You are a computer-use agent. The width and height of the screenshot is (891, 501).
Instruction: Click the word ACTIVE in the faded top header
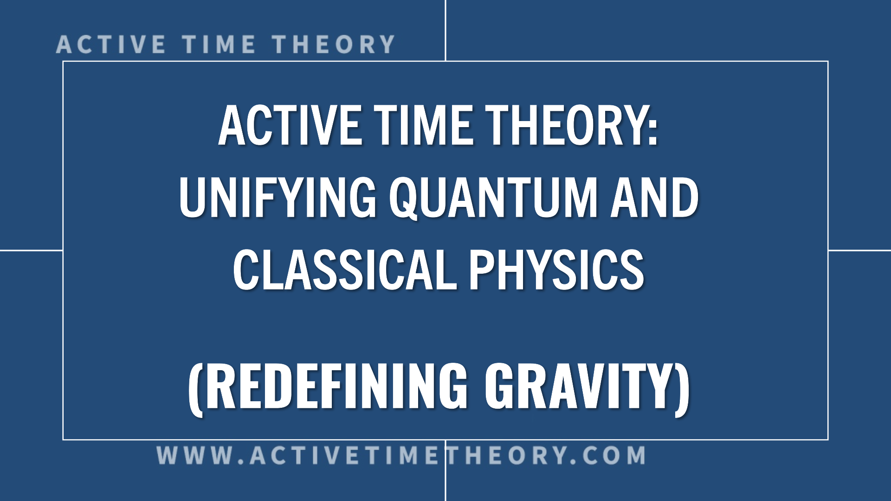tap(111, 45)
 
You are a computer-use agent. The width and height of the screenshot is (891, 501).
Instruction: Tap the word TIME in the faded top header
tap(219, 45)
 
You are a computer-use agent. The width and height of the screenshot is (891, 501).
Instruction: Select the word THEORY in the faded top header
tap(334, 45)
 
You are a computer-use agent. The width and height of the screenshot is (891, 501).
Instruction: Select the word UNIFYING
tap(278, 198)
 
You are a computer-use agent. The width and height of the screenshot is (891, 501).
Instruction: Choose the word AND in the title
tap(655, 198)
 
